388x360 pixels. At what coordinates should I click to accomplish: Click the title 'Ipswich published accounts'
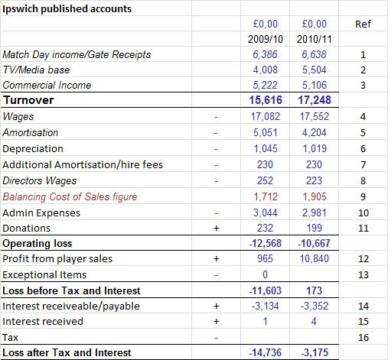point(67,9)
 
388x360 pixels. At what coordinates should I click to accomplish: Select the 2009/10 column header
point(266,39)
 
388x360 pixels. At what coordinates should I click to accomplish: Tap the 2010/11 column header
point(315,39)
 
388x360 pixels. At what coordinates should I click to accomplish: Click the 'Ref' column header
point(363,24)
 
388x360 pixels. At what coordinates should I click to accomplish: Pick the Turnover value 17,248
point(315,100)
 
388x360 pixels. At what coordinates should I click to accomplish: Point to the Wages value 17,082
point(266,116)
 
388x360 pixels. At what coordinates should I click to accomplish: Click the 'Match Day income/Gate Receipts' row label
point(77,55)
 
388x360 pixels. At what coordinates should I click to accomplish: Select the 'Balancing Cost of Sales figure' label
point(70,196)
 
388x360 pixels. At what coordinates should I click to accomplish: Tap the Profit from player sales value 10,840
point(315,258)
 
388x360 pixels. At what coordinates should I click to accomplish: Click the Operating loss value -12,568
point(266,243)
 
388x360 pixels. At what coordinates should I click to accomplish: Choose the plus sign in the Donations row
point(216,228)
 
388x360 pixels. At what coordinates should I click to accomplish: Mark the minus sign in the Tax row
point(216,339)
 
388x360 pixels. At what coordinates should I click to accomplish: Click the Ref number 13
point(364,275)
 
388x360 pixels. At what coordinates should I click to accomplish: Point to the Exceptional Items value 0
point(266,274)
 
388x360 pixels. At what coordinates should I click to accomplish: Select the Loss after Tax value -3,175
point(315,352)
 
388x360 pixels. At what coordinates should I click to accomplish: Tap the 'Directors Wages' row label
point(40,181)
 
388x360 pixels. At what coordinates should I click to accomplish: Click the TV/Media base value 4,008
point(266,70)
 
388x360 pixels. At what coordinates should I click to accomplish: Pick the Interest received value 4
point(314,321)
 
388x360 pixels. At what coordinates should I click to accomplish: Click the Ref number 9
point(363,197)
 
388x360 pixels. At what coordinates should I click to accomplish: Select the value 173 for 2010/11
point(315,290)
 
